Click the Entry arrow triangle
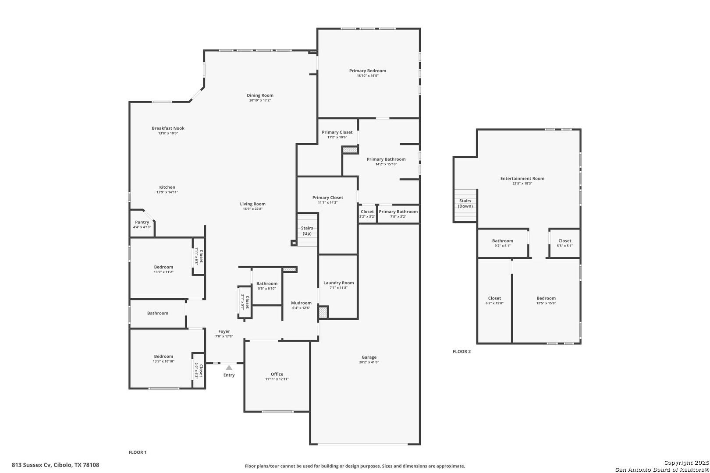tap(229, 367)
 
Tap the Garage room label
tap(369, 357)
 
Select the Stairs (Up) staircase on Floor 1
tap(307, 230)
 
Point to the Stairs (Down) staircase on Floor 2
tap(465, 205)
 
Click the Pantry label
tap(142, 222)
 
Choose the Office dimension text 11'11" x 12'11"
tap(277, 379)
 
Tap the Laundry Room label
tap(338, 282)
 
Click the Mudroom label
tap(301, 303)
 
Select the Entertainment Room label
tap(522, 178)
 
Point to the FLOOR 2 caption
tap(462, 351)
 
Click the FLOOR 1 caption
tap(138, 452)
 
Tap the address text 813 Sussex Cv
tap(32, 465)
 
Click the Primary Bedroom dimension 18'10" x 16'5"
tap(368, 76)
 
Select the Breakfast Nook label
tap(168, 128)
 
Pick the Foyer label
tap(224, 332)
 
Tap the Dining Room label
tap(260, 95)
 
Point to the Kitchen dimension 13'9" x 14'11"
tap(167, 192)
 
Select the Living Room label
tap(252, 204)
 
